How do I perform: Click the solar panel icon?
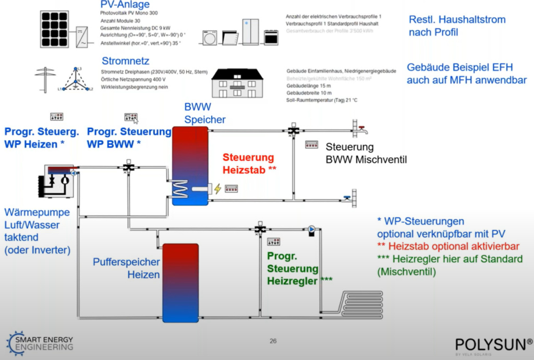pyautogui.click(x=57, y=29)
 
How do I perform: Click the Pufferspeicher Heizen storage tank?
pyautogui.click(x=180, y=282)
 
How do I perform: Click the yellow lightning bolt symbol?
pyautogui.click(x=217, y=188)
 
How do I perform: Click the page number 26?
pyautogui.click(x=273, y=341)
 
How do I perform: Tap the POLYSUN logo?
pyautogui.click(x=493, y=345)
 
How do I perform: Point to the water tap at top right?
pyautogui.click(x=358, y=127)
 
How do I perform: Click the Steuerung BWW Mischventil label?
pyautogui.click(x=366, y=153)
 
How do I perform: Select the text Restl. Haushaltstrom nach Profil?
pyautogui.click(x=457, y=26)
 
